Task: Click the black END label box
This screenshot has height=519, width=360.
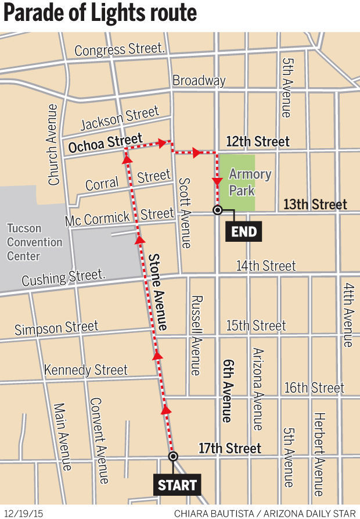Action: pyautogui.click(x=244, y=232)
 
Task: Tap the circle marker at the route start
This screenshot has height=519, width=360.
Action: pyautogui.click(x=172, y=456)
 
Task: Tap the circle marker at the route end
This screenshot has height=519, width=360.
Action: pyautogui.click(x=217, y=210)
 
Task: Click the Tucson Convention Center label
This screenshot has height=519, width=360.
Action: pyautogui.click(x=34, y=242)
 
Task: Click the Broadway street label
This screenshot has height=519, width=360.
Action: pyautogui.click(x=199, y=80)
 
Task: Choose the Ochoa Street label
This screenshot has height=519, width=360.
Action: pyautogui.click(x=105, y=144)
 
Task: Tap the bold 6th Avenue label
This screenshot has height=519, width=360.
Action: pyautogui.click(x=227, y=389)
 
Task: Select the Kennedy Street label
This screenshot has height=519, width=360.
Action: pyautogui.click(x=86, y=370)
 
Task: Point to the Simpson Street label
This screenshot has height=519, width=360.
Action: pyautogui.click(x=56, y=328)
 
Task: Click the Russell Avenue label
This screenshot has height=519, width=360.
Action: pyautogui.click(x=196, y=335)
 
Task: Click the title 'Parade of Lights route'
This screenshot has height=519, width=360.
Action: pyautogui.click(x=100, y=13)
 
